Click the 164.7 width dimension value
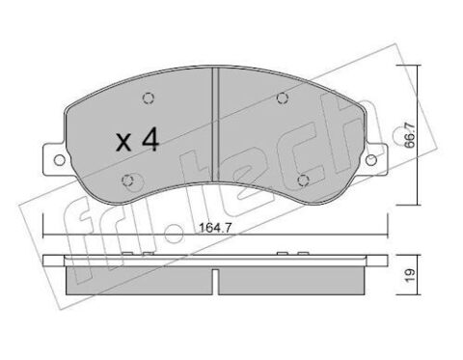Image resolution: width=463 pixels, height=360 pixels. point(215,228)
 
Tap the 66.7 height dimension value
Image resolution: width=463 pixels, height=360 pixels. point(410,135)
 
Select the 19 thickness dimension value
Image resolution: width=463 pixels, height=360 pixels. point(410,276)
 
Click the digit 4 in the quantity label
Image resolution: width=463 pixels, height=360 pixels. point(150,140)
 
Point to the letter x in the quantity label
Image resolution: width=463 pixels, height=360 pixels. point(123,143)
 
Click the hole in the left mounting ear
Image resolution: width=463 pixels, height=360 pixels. point(59,159)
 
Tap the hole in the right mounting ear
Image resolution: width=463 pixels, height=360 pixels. point(371,160)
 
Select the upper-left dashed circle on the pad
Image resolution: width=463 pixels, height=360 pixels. point(149,97)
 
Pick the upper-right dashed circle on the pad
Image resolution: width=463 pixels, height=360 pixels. point(282,97)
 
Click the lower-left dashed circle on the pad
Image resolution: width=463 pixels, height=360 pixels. point(128,180)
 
